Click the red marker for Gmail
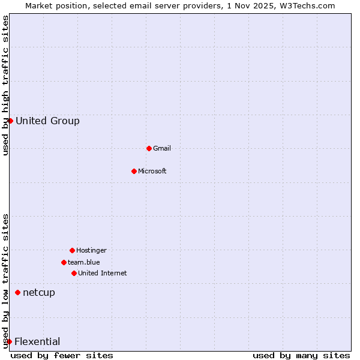click(149, 148)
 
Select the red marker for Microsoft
click(134, 171)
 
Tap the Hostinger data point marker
click(72, 250)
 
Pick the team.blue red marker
click(64, 262)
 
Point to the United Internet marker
click(74, 273)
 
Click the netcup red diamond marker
click(17, 292)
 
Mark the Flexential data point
click(10, 341)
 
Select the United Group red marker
click(10, 121)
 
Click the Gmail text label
click(162, 148)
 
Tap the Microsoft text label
click(152, 171)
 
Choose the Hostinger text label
click(91, 250)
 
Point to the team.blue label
click(84, 262)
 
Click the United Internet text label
click(102, 273)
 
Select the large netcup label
click(39, 292)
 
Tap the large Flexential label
click(37, 341)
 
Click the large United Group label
click(47, 121)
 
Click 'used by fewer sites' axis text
click(62, 355)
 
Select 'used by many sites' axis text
click(301, 355)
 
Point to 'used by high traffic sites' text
click(5, 85)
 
